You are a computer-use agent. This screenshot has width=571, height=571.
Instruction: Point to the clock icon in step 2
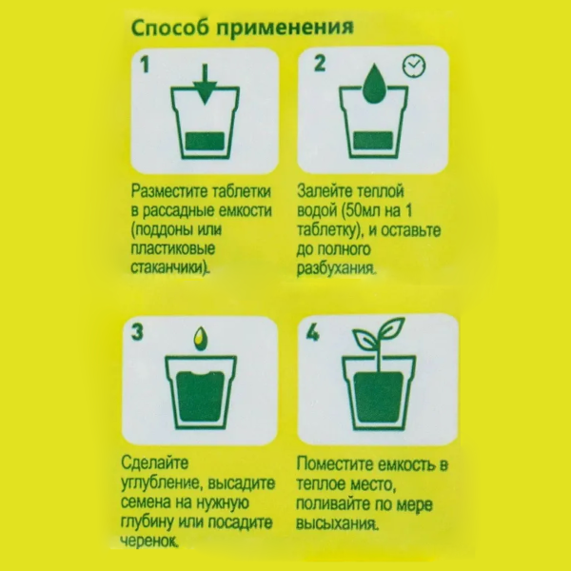click(x=412, y=66)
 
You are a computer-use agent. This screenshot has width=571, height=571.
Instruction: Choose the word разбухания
click(x=336, y=269)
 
